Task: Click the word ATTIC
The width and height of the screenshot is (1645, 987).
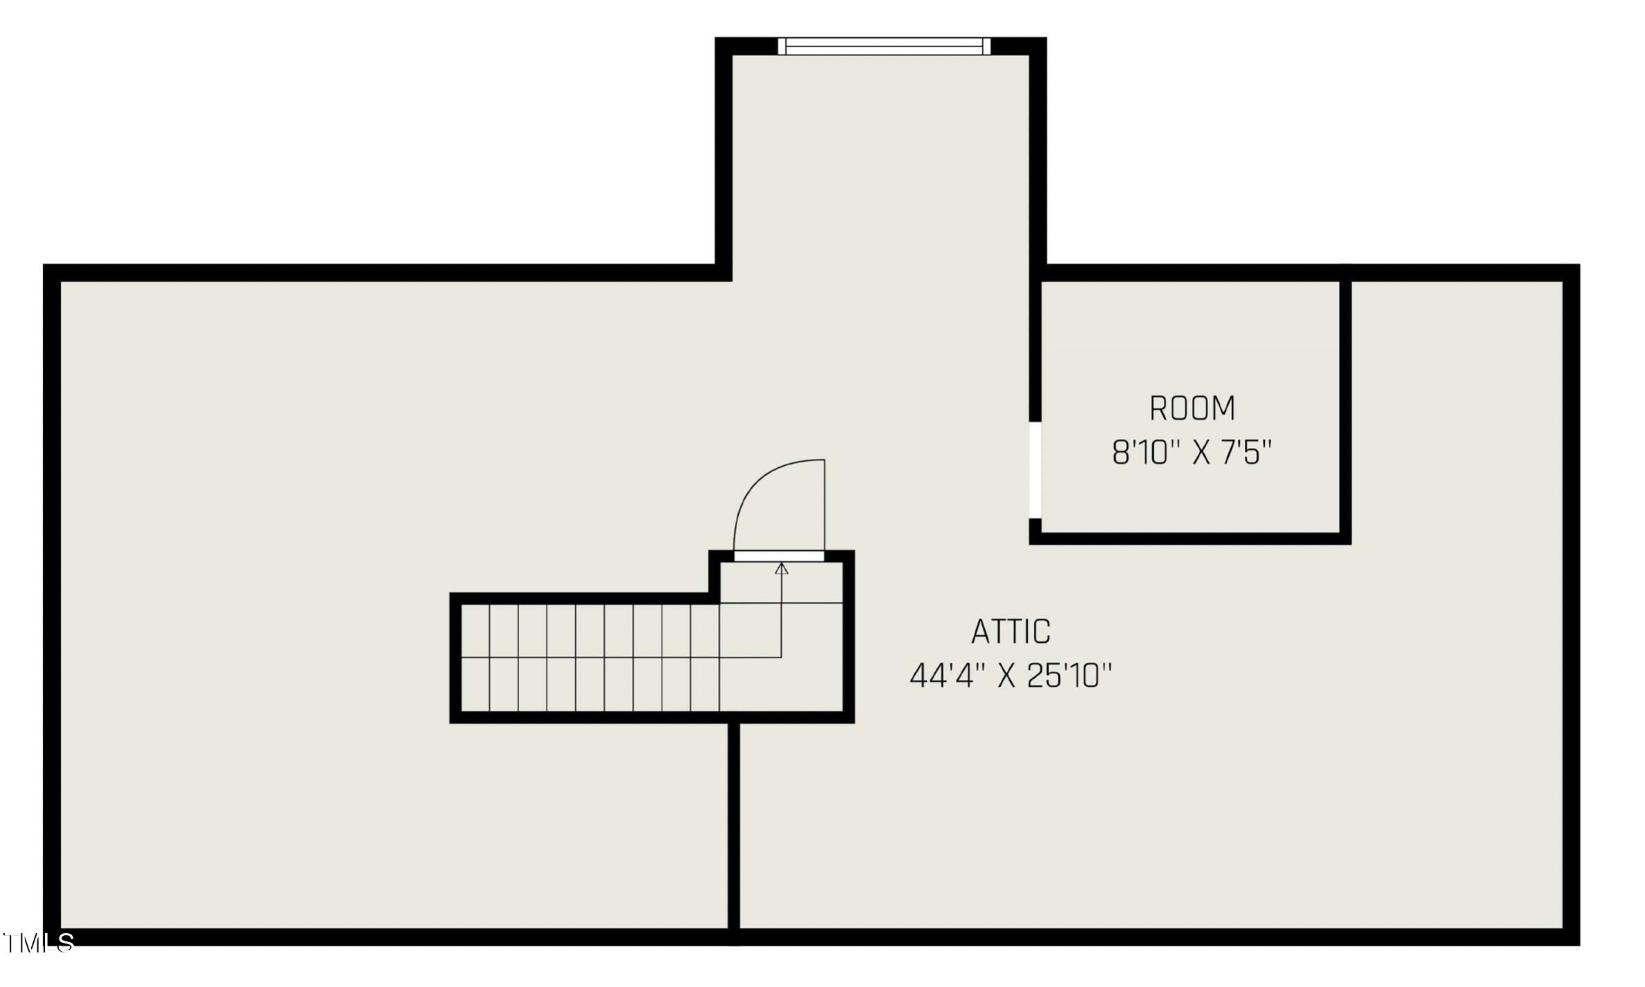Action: [x=1010, y=632]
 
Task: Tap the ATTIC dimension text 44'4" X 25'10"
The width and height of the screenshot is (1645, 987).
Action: [x=1010, y=676]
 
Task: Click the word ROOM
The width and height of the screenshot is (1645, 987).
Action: [x=1192, y=408]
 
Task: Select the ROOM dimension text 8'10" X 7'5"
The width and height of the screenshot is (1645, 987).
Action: [x=1192, y=453]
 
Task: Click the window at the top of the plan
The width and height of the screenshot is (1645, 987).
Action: [x=884, y=46]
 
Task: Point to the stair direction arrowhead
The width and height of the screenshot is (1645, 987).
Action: [x=782, y=569]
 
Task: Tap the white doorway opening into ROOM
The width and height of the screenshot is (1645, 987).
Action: [x=1035, y=469]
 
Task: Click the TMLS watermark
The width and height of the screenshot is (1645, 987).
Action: [x=39, y=943]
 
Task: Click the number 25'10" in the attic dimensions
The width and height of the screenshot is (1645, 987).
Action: [x=1069, y=676]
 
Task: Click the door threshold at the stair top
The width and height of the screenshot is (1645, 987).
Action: [x=779, y=556]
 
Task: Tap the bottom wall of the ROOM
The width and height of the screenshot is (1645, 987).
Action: [x=1189, y=538]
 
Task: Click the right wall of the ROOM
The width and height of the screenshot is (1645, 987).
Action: [x=1345, y=408]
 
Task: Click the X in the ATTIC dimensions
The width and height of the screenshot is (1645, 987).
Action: [x=1006, y=677]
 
